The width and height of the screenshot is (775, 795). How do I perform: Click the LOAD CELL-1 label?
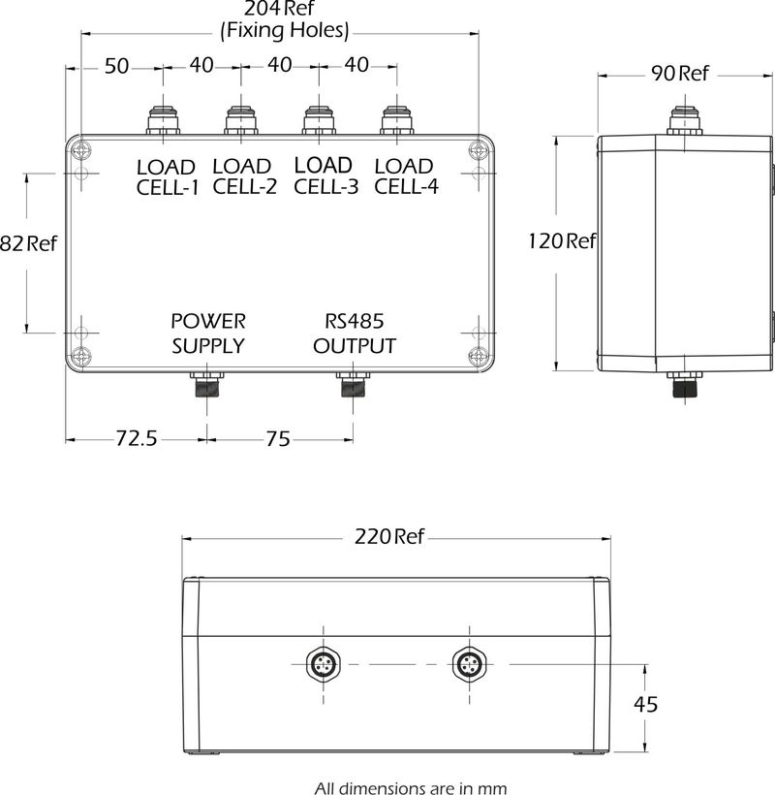[x=166, y=177]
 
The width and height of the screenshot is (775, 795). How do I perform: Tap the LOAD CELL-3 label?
[x=325, y=175]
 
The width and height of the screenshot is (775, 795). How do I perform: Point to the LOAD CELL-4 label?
[x=406, y=175]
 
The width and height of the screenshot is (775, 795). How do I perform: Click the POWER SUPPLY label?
[x=208, y=333]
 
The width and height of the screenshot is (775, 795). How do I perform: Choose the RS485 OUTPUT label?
[x=355, y=333]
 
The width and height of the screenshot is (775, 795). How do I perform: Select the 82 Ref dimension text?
[x=29, y=244]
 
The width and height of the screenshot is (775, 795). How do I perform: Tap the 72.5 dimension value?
[x=137, y=438]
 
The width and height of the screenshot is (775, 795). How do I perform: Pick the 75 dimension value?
[x=277, y=438]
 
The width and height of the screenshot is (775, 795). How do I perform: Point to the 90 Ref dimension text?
[x=680, y=74]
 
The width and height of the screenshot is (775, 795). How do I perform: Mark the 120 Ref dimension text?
[x=562, y=241]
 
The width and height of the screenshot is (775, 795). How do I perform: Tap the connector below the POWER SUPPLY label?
[x=206, y=385]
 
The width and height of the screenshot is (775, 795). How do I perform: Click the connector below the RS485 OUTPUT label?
[x=351, y=385]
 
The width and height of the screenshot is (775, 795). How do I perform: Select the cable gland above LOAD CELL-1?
[x=162, y=120]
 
